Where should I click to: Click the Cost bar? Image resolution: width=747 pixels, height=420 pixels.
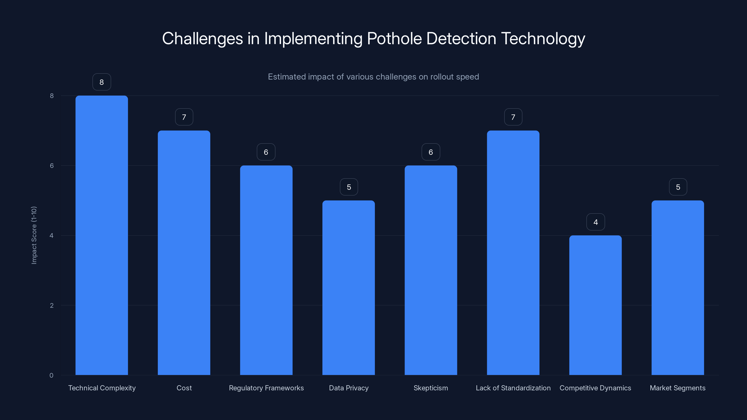click(x=184, y=252)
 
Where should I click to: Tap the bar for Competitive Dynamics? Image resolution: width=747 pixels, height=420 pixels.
click(x=595, y=305)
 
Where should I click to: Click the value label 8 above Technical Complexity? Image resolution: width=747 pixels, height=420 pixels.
click(x=102, y=82)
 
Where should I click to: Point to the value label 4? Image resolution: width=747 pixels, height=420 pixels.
click(x=595, y=222)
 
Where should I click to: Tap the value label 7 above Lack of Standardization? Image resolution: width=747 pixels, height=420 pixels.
click(x=513, y=117)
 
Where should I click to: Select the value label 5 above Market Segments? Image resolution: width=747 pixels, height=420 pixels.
click(x=678, y=187)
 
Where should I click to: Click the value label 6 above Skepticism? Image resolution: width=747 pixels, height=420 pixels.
click(x=431, y=152)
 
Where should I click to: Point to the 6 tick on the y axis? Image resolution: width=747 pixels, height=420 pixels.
click(x=52, y=165)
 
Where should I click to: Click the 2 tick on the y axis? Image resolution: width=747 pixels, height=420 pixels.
click(x=52, y=305)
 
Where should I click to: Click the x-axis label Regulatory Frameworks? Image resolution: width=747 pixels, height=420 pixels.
click(x=266, y=388)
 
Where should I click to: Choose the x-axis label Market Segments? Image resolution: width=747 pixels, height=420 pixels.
click(x=677, y=388)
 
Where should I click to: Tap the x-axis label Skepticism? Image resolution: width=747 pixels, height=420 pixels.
click(x=431, y=388)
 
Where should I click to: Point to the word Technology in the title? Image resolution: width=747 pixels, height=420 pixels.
click(x=543, y=38)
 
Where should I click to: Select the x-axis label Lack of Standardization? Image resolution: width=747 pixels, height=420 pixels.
click(x=513, y=388)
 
